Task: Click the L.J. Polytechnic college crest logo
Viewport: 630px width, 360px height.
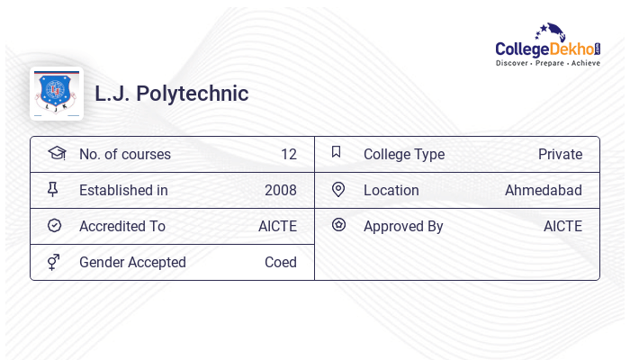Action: [57, 93]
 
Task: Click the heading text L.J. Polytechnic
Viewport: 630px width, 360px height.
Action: [172, 94]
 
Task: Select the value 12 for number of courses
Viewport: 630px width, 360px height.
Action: [288, 155]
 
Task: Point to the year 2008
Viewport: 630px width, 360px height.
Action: [280, 191]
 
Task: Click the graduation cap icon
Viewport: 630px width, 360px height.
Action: [57, 153]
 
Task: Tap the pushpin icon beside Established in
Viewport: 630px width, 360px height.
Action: [53, 190]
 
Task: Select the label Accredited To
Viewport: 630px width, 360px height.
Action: [122, 227]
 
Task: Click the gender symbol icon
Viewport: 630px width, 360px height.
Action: [54, 262]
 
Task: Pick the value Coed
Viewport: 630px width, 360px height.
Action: [280, 263]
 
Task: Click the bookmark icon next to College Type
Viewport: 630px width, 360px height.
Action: [337, 152]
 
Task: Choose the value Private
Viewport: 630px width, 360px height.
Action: [560, 155]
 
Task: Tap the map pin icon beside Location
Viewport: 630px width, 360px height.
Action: [338, 190]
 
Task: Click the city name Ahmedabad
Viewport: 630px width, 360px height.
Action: [543, 191]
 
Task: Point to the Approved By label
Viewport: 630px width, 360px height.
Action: [403, 227]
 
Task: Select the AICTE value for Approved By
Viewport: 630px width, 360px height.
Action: [562, 227]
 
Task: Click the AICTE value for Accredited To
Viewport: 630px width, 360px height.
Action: [277, 227]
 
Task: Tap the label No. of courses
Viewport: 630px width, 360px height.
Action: [125, 155]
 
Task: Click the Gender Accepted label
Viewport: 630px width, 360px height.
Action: [132, 263]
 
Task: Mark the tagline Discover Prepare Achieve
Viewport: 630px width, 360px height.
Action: [548, 64]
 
